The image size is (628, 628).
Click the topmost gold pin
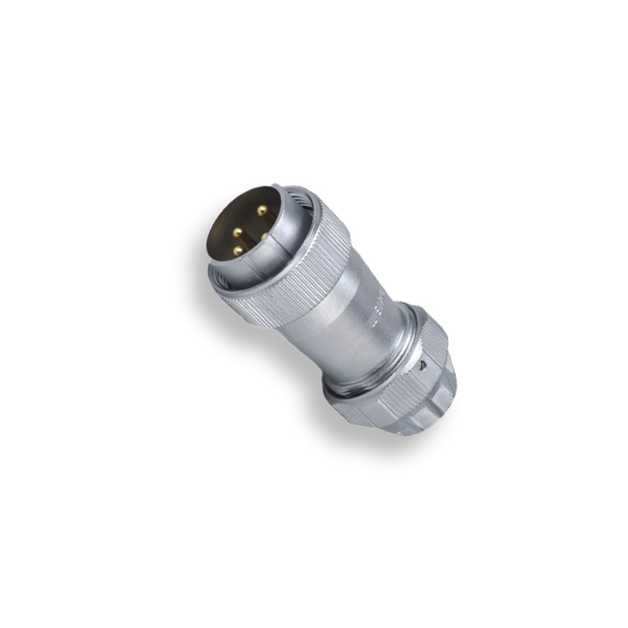coord(262,210)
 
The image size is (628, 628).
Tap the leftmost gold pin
coord(237,232)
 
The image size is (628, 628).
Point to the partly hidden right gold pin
coord(265,237)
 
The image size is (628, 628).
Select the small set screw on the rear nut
coord(424,365)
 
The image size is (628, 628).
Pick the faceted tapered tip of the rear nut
coord(435,414)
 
